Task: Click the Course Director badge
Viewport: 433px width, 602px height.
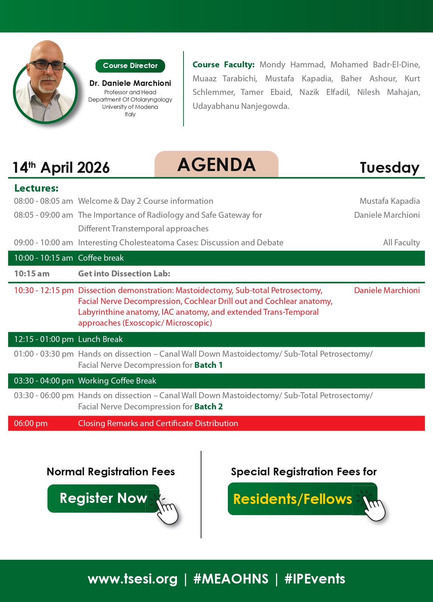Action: click(130, 66)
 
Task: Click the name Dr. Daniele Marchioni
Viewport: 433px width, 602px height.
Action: click(130, 83)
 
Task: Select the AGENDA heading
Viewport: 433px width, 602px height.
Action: click(216, 165)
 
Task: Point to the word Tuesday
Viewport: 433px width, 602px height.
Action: click(389, 168)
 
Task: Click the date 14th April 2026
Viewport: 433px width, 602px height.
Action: click(61, 168)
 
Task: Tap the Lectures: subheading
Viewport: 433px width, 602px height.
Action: click(36, 188)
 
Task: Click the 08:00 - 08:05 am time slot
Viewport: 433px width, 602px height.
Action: click(43, 201)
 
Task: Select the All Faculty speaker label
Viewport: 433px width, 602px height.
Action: click(401, 243)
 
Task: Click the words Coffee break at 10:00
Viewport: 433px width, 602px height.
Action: click(101, 258)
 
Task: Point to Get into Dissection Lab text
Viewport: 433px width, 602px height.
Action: click(124, 274)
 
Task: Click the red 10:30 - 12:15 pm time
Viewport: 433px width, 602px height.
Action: click(44, 290)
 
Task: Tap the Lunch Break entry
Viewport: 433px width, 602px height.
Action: click(100, 339)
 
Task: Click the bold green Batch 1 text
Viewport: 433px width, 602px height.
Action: click(208, 365)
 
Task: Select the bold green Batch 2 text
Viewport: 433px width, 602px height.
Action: click(208, 407)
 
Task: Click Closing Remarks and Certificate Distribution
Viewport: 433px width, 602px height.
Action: click(158, 423)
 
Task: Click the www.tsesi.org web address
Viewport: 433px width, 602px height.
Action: click(133, 579)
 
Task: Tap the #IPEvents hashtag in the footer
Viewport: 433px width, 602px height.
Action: click(315, 579)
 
